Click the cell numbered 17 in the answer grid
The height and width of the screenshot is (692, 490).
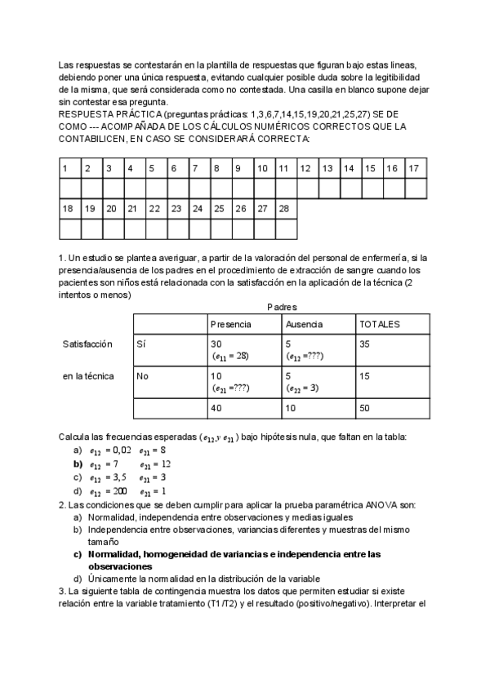click(x=415, y=169)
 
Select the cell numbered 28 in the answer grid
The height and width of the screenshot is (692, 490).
click(x=287, y=209)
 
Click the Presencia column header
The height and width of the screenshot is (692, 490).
click(x=231, y=324)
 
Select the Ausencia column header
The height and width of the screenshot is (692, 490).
click(x=304, y=324)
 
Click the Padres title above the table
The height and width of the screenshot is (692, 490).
click(x=282, y=307)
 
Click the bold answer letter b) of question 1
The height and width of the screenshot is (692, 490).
click(x=78, y=464)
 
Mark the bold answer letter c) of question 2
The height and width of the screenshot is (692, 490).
click(x=78, y=554)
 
